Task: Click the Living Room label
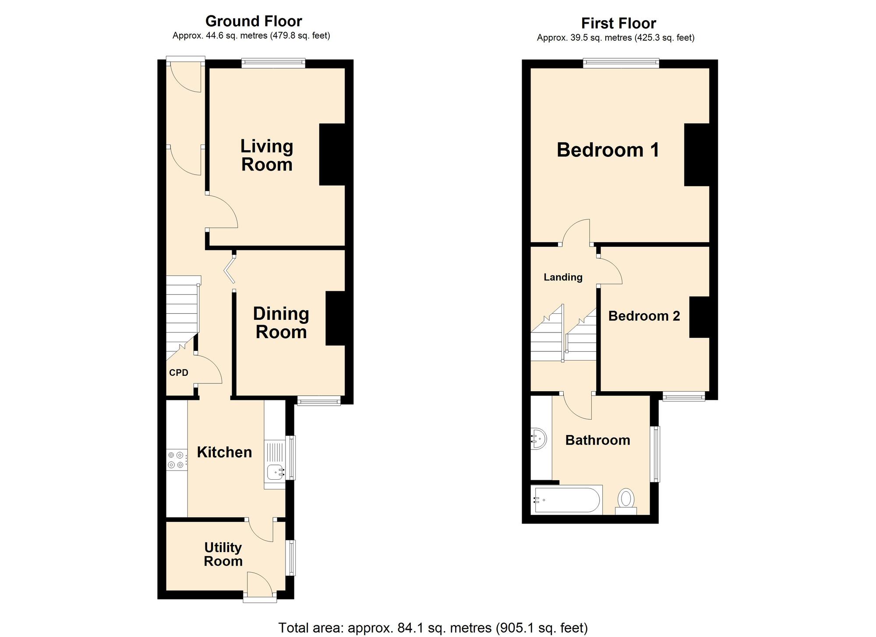tap(266, 156)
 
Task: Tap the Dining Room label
tap(281, 323)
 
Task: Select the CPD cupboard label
tap(179, 373)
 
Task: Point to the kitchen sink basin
tap(275, 472)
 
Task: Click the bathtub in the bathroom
tap(566, 499)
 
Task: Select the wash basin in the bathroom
tap(539, 438)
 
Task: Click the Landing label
tap(563, 277)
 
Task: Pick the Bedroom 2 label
tap(644, 316)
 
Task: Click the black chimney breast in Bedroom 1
tap(697, 155)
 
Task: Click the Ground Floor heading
tap(254, 21)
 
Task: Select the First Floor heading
tap(618, 23)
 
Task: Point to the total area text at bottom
tap(433, 628)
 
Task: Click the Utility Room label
tap(223, 554)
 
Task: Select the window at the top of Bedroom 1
tap(621, 64)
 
